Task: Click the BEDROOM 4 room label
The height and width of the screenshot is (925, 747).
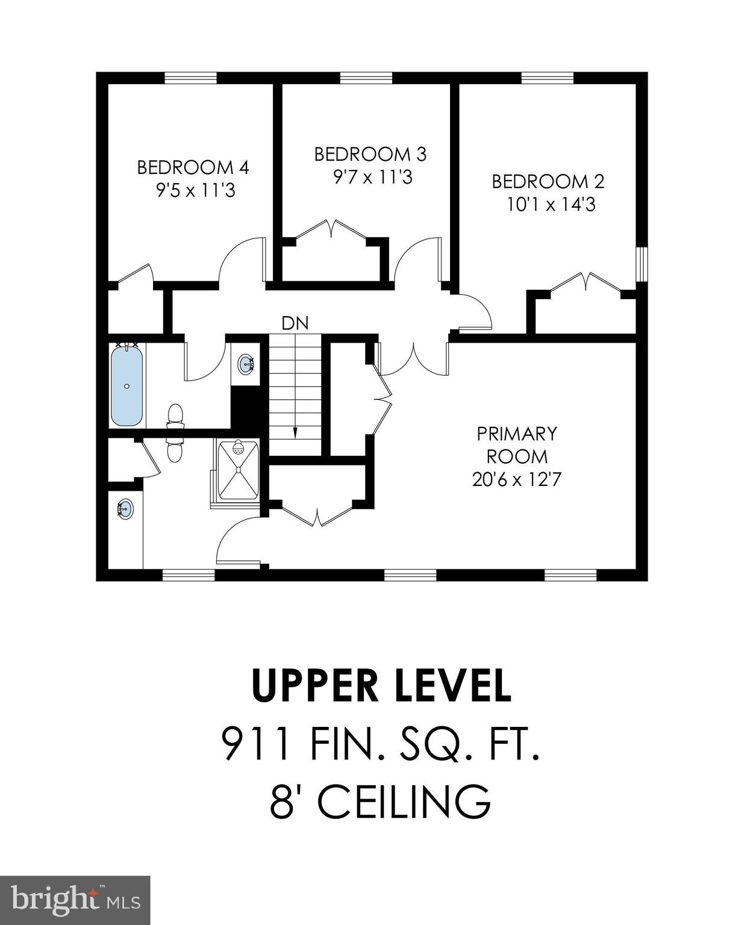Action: pos(193,167)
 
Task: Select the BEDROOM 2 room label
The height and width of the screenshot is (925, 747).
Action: pos(548,181)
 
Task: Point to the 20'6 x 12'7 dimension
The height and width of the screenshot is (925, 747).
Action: pos(516,480)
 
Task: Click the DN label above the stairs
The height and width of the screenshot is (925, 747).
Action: pos(295,323)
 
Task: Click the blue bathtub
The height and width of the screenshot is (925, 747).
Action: pos(127,385)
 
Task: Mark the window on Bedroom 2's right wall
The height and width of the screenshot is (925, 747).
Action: pos(643,264)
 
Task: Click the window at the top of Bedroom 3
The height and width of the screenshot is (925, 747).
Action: pos(366,78)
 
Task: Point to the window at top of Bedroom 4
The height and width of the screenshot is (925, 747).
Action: pos(190,78)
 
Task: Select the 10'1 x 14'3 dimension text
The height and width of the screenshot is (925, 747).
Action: pos(551,205)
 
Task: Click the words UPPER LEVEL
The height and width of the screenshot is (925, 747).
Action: pos(381,686)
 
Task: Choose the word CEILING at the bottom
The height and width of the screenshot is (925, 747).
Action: pos(404,801)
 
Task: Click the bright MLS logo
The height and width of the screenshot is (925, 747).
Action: pos(75,900)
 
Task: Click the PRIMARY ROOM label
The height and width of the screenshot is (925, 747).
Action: pos(516,444)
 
